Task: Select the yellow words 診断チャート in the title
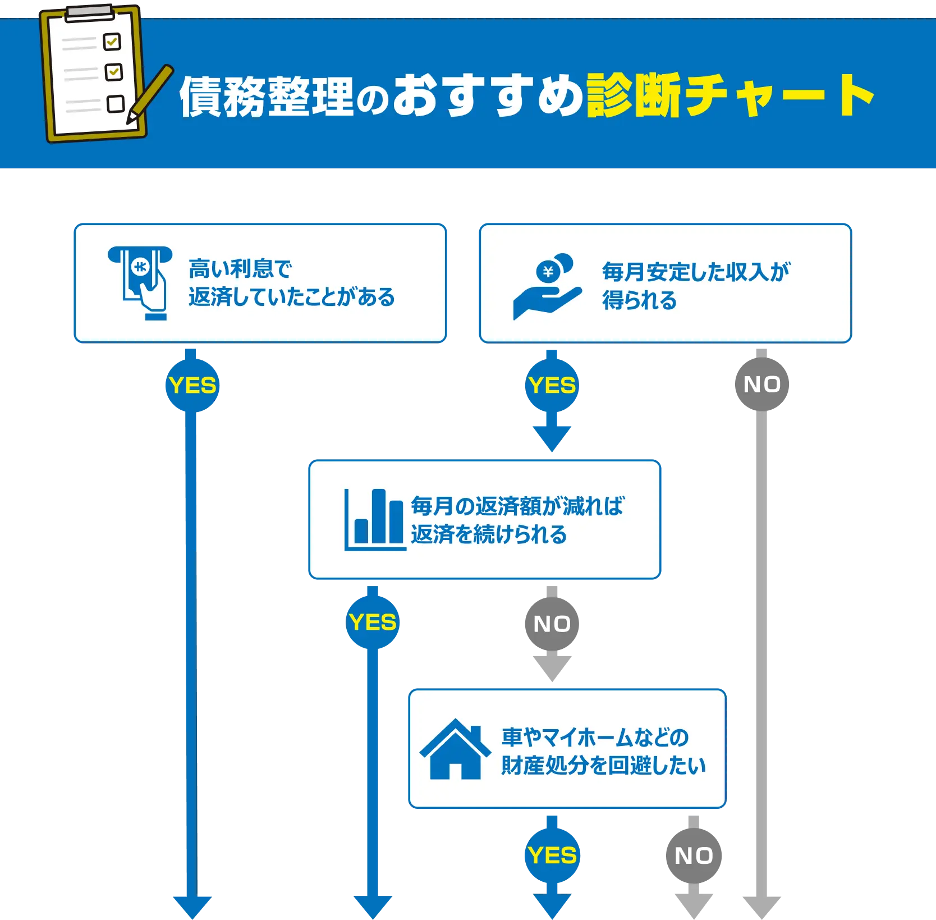coord(729,95)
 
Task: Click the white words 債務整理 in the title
coord(267,97)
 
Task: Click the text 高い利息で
coord(240,269)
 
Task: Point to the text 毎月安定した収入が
coord(696,272)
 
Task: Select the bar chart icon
coord(374,520)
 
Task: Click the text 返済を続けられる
coord(489,534)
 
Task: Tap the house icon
coord(455,749)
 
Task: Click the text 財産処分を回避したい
coord(603,766)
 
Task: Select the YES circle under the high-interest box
coord(192,386)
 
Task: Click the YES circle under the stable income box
coord(552,386)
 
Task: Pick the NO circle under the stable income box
coord(761,385)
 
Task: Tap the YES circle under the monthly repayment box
coord(373,623)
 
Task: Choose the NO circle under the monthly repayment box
coord(552,624)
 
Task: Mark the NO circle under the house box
coord(694,855)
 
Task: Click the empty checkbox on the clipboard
coord(116,104)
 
